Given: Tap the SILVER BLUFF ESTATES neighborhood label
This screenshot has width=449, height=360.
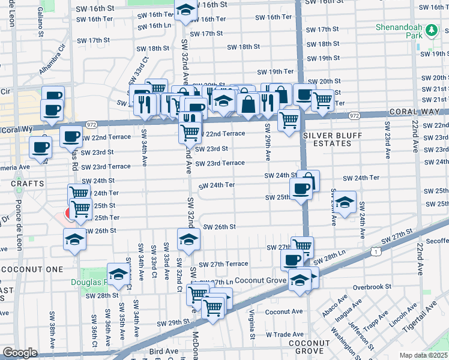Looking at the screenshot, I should [x=327, y=139].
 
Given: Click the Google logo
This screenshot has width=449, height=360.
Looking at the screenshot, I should [x=20, y=353].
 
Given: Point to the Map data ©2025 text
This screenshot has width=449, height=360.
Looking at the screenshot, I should [x=423, y=355].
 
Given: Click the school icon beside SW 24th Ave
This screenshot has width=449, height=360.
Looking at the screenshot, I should [x=345, y=202].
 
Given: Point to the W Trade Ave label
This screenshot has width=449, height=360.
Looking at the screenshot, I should [x=286, y=334].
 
